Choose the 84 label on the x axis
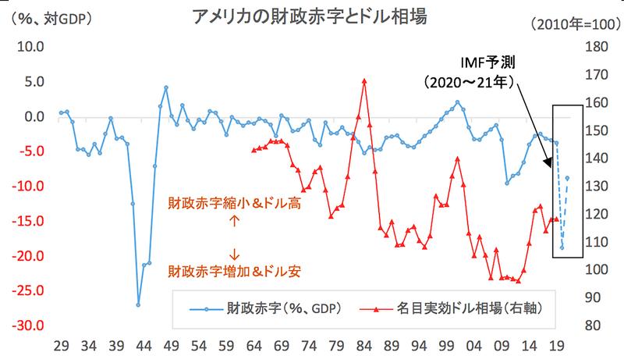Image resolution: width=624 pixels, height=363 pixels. (364, 344)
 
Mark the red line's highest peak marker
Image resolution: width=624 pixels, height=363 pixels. (364, 80)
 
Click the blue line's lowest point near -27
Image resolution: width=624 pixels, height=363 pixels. (138, 304)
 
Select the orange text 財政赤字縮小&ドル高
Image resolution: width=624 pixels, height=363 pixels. (234, 203)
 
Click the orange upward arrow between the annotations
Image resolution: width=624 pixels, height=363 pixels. (234, 221)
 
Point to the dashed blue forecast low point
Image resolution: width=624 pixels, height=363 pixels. (562, 248)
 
